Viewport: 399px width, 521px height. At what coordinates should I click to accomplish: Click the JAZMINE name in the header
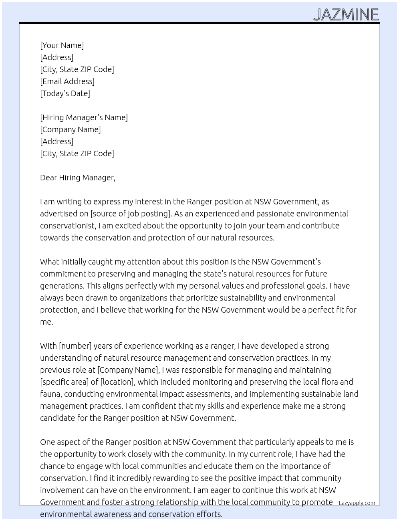tap(346, 15)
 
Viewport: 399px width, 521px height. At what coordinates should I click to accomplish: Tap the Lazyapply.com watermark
tap(357, 503)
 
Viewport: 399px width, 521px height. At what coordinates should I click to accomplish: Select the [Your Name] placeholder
tap(62, 45)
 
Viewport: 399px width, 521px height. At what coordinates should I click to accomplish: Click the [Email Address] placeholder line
tap(67, 81)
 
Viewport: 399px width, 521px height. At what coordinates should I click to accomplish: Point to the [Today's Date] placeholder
tap(65, 93)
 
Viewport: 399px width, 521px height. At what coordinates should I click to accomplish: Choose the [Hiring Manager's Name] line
tap(84, 117)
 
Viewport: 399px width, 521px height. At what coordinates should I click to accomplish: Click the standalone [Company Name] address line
tap(70, 129)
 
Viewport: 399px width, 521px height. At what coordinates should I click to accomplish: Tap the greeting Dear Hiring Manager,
tap(77, 178)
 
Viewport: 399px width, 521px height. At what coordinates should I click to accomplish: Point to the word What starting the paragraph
tap(49, 262)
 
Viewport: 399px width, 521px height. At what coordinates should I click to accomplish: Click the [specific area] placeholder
tap(64, 382)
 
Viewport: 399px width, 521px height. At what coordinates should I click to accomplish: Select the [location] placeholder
tap(117, 382)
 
